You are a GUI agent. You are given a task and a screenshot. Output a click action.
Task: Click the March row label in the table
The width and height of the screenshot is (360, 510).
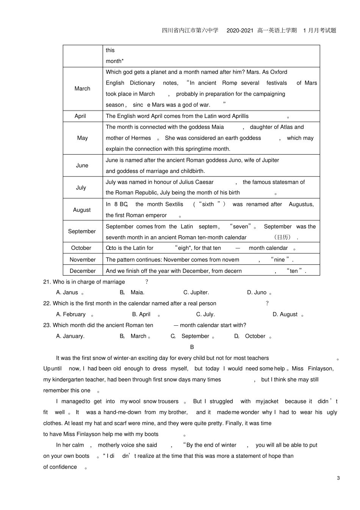pyautogui.click(x=82, y=89)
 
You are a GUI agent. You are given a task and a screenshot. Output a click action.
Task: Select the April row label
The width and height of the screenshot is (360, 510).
pyautogui.click(x=80, y=116)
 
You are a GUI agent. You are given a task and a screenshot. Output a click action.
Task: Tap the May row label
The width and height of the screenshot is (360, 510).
pyautogui.click(x=82, y=138)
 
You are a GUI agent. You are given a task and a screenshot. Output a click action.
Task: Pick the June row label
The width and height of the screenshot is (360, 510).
pyautogui.click(x=82, y=165)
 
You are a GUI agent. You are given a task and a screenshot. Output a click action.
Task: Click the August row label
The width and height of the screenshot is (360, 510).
pyautogui.click(x=82, y=210)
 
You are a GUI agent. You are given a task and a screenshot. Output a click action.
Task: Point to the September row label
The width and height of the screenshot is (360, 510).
pyautogui.click(x=82, y=231)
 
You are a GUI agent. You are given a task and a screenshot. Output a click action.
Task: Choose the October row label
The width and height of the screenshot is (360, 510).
pyautogui.click(x=81, y=248)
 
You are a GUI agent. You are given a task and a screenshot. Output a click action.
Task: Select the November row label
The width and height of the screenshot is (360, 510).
pyautogui.click(x=83, y=260)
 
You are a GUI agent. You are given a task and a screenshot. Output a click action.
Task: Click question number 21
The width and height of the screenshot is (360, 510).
pyautogui.click(x=47, y=282)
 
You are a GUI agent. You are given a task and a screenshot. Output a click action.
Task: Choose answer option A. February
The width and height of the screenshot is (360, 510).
pyautogui.click(x=71, y=314)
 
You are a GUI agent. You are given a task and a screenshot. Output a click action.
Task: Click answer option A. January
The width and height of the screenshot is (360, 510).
pyautogui.click(x=70, y=336)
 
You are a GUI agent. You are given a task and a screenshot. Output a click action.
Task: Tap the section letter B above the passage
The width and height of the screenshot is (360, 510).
pyautogui.click(x=192, y=347)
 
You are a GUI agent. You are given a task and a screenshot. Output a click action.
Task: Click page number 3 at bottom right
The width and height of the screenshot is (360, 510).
pyautogui.click(x=338, y=478)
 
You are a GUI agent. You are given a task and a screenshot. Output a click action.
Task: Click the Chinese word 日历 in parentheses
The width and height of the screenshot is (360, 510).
pyautogui.click(x=282, y=237)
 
